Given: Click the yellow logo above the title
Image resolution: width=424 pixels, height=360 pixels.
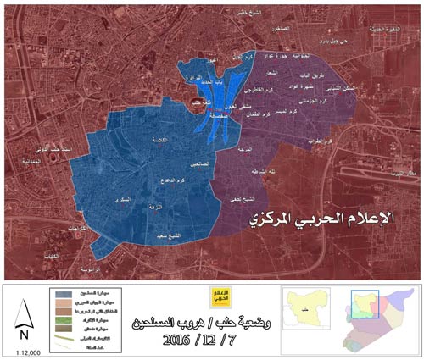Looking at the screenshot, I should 221,297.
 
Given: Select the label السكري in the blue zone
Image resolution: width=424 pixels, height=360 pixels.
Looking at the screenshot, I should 122,198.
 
